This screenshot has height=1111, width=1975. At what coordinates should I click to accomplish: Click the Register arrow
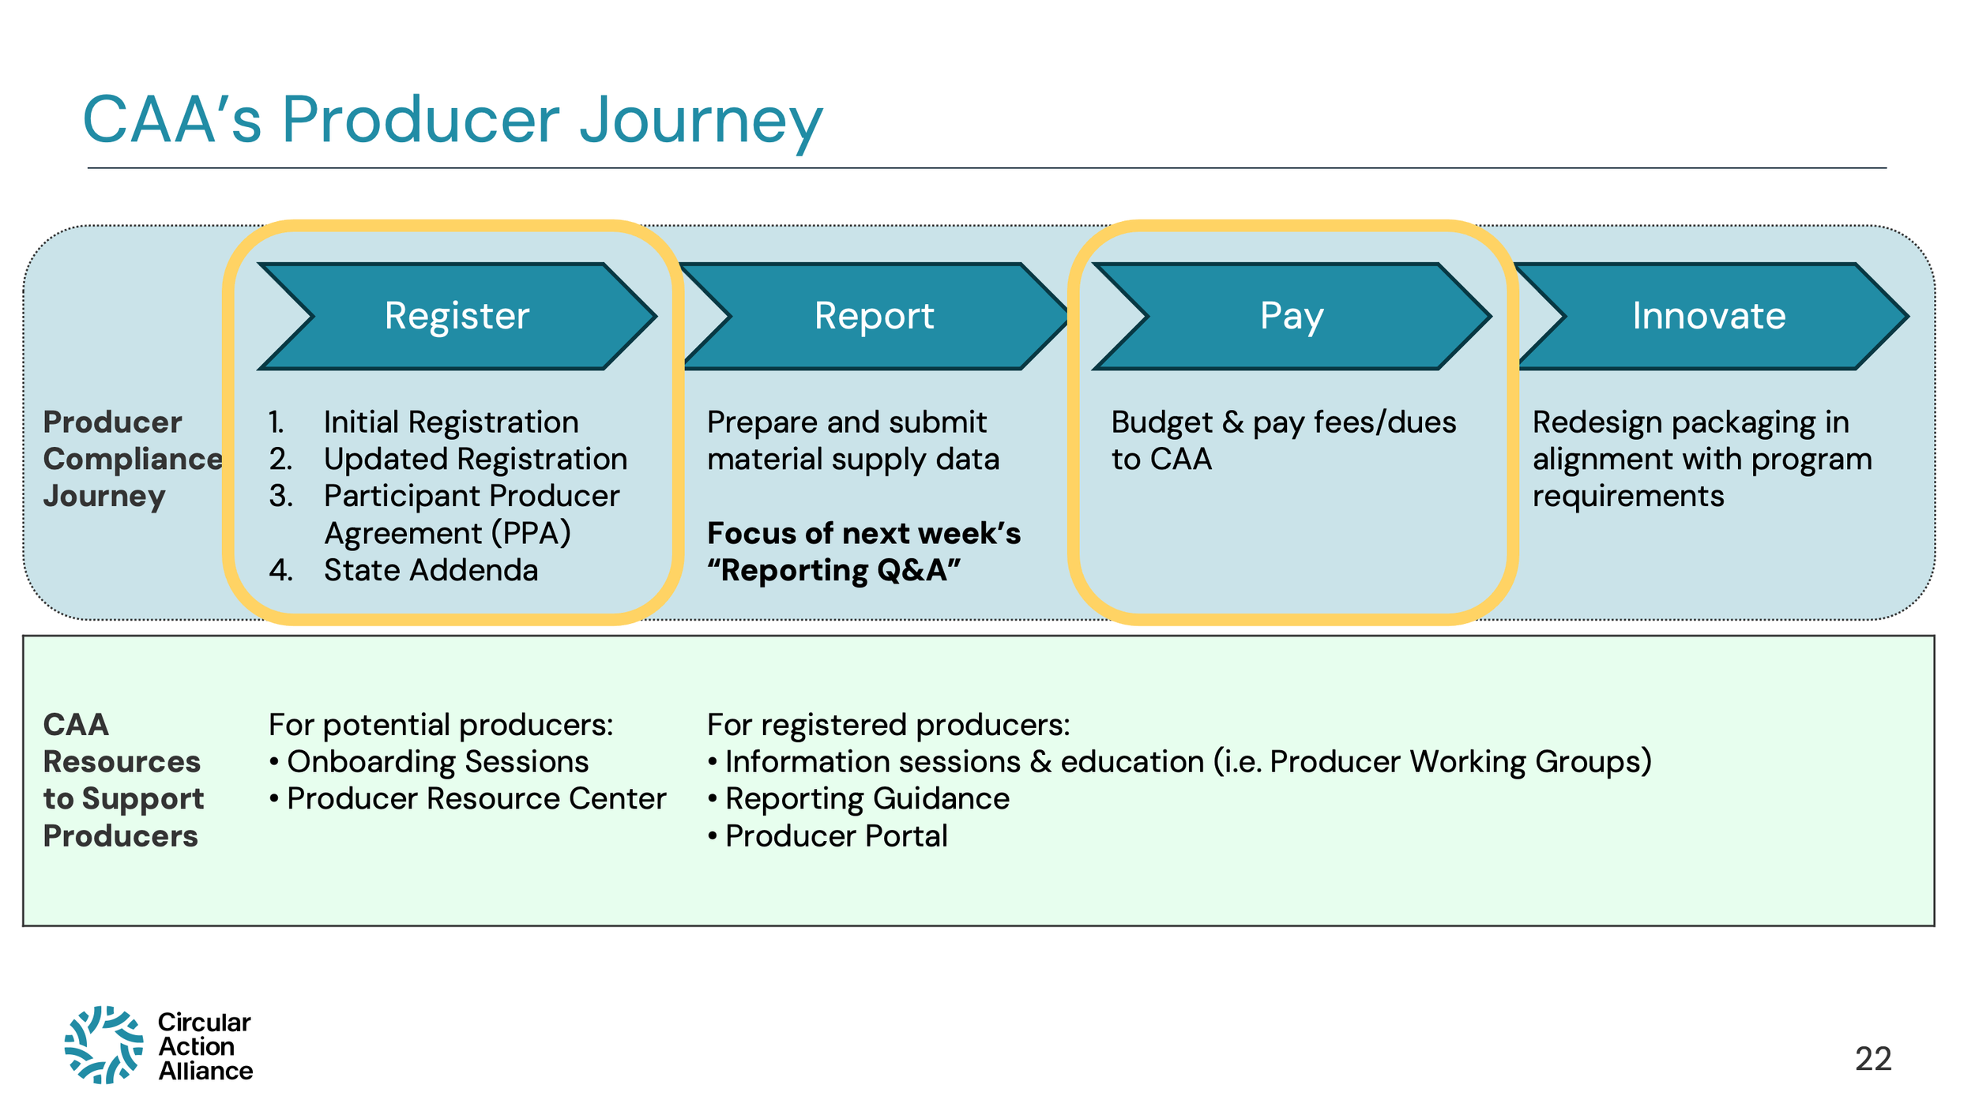[x=457, y=316]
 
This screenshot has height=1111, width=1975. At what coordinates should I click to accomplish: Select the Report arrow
[x=874, y=316]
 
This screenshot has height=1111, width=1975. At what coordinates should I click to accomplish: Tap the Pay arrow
[x=1291, y=316]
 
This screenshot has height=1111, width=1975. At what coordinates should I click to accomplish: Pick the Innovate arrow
[x=1709, y=316]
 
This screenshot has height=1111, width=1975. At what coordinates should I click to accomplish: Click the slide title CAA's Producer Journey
[x=453, y=120]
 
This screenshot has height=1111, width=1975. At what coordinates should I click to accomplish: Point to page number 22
[x=1872, y=1059]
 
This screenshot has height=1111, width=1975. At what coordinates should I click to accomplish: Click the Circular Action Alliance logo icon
[x=103, y=1045]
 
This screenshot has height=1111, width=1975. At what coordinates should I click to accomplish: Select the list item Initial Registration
[x=450, y=422]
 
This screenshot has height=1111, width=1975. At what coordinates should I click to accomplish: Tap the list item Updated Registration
[x=475, y=460]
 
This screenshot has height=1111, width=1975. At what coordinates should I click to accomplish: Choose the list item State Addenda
[x=431, y=570]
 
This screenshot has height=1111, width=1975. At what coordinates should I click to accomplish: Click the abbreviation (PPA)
[x=530, y=533]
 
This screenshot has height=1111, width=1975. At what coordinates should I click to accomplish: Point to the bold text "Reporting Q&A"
[x=833, y=570]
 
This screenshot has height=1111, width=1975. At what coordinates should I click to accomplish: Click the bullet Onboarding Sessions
[x=437, y=762]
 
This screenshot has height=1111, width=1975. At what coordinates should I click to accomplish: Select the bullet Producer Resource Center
[x=476, y=799]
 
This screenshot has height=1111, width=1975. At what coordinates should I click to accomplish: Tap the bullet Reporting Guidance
[x=867, y=799]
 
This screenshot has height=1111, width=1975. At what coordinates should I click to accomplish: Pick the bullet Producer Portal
[x=836, y=836]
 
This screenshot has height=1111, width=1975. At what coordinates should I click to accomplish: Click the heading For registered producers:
[x=888, y=725]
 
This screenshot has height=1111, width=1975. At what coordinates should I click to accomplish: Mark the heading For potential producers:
[x=440, y=725]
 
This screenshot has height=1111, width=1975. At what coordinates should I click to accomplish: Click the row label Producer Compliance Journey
[x=131, y=460]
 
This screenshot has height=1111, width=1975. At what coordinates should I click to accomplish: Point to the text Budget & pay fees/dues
[x=1283, y=422]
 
